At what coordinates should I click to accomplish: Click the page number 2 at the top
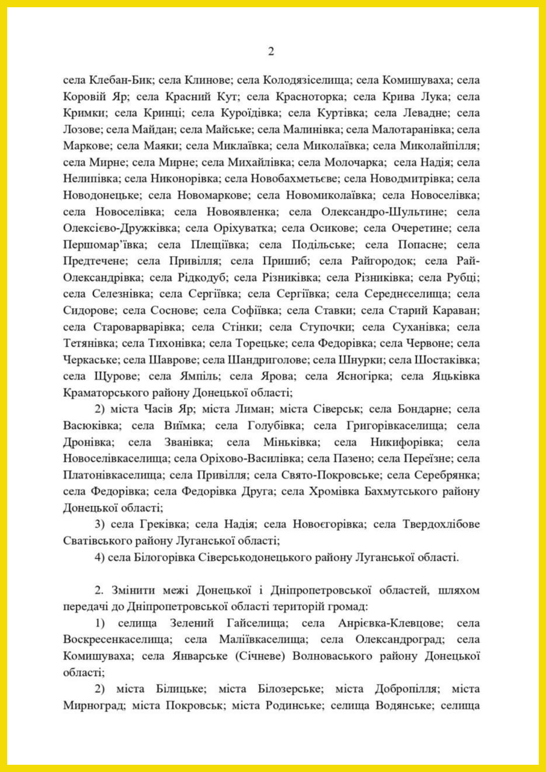tap(271, 52)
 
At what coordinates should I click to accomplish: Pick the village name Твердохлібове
tap(436, 525)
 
